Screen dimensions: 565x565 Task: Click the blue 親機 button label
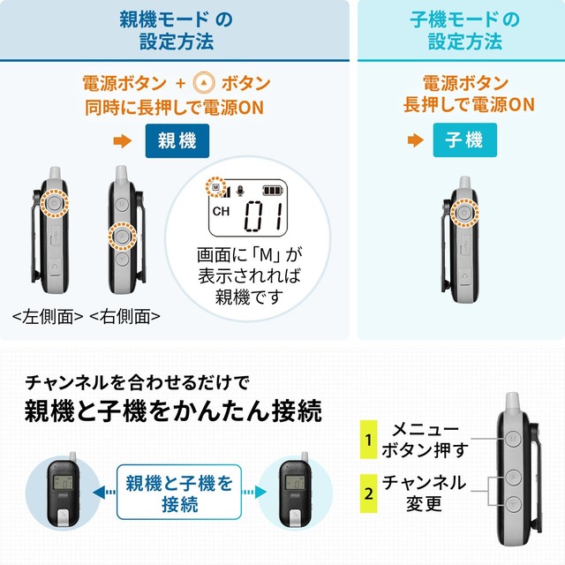(x=177, y=141)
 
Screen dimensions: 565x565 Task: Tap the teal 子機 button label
(x=464, y=141)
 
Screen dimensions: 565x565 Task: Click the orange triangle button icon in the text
(x=204, y=85)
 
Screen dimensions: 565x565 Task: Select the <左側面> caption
(x=48, y=315)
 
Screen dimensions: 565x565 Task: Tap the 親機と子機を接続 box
(x=179, y=493)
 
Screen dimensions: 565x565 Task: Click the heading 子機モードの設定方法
(x=464, y=31)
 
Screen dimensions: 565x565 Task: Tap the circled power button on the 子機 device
(x=463, y=214)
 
